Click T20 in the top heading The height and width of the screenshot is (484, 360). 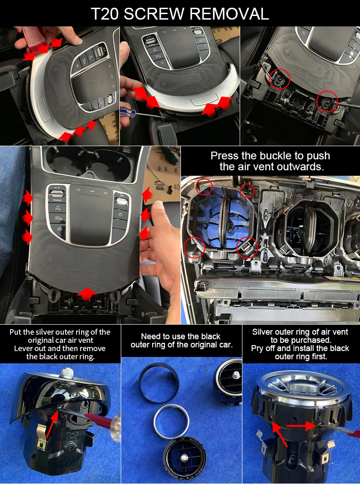point(105,14)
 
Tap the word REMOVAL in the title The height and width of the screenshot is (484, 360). point(229,14)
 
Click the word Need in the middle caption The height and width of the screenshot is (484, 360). point(149,336)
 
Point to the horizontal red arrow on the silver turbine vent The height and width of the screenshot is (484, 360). point(301,426)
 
